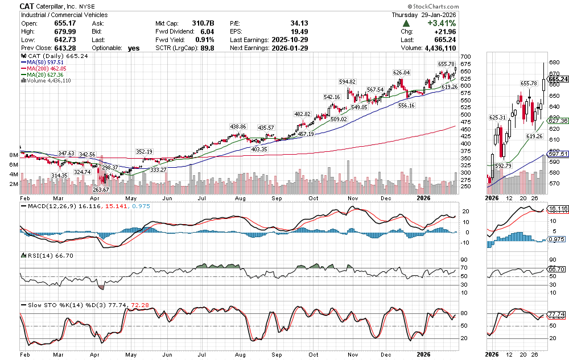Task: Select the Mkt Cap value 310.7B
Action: tap(201, 23)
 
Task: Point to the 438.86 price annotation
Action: tap(238, 126)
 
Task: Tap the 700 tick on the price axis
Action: tap(466, 57)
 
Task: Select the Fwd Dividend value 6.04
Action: tap(207, 32)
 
